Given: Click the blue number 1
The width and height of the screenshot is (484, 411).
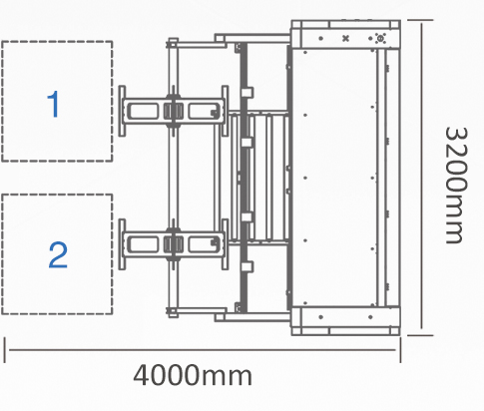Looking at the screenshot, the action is click(x=53, y=104).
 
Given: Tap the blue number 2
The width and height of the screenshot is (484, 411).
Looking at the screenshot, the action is click(x=58, y=255).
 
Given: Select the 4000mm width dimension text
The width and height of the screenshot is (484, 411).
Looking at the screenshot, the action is click(x=193, y=375).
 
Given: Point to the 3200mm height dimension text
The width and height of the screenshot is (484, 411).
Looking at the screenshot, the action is click(x=456, y=186).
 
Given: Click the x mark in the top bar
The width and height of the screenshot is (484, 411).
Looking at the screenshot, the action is click(x=345, y=38).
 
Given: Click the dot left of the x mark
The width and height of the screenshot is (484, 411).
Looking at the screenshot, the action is click(x=320, y=38).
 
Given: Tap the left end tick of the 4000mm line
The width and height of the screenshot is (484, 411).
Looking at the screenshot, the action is click(x=5, y=350).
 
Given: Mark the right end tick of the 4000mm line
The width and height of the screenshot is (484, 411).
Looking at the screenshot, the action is click(x=400, y=350).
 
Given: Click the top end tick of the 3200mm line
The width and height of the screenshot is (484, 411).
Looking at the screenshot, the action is click(x=420, y=20).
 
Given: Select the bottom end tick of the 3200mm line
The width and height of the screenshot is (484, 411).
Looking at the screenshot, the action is click(x=420, y=335).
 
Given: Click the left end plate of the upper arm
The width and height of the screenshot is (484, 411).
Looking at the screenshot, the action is click(x=122, y=111).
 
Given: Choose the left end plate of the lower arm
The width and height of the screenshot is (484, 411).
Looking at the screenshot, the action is click(x=122, y=244).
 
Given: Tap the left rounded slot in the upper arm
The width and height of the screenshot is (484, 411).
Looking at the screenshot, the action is click(x=143, y=111).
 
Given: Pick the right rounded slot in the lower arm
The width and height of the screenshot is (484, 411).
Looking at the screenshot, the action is click(x=204, y=244).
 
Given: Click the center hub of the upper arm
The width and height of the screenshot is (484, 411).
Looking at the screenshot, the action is click(x=174, y=111).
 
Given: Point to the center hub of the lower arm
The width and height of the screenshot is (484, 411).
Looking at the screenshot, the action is click(x=174, y=244).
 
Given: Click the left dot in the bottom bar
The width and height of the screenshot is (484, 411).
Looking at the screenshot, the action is click(x=320, y=317).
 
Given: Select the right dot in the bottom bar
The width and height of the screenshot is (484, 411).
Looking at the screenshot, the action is click(x=370, y=317).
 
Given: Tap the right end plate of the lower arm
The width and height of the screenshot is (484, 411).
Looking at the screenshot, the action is click(x=225, y=244).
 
